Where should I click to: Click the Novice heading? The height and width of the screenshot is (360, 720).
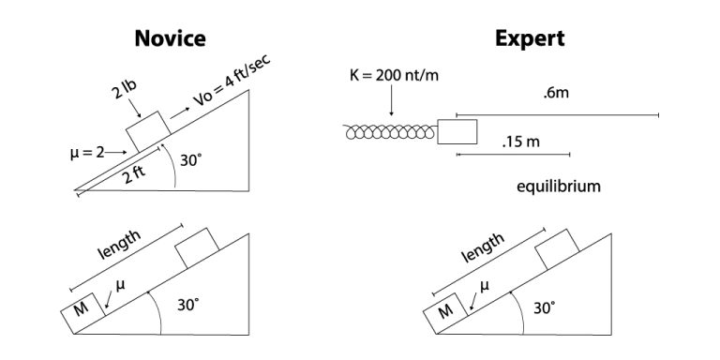click(170, 38)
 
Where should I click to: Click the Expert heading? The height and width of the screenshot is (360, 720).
click(530, 38)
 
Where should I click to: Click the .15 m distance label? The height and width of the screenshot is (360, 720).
click(521, 142)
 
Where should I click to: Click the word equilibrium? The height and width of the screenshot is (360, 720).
click(558, 187)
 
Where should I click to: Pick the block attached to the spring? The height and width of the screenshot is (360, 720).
click(457, 131)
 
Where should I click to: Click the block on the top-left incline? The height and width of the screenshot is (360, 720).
click(145, 130)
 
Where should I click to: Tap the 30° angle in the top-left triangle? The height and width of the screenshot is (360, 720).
click(191, 160)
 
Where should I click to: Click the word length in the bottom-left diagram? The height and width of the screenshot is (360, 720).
click(119, 247)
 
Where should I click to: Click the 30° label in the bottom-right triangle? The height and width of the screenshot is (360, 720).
click(544, 307)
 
